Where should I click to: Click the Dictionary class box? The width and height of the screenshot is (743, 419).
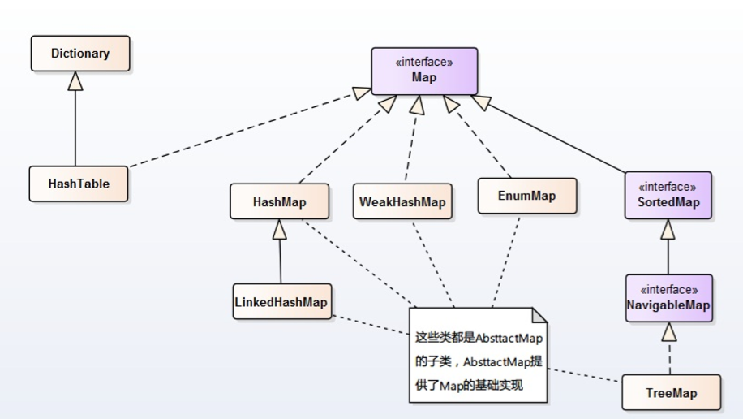click(x=80, y=54)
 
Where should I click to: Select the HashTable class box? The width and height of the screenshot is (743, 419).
click(x=79, y=184)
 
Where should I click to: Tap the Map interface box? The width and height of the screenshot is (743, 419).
click(x=424, y=71)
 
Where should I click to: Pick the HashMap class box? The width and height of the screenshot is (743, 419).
click(x=280, y=201)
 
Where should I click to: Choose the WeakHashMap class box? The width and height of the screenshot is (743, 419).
click(x=403, y=201)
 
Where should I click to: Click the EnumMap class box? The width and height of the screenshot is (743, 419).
click(x=527, y=196)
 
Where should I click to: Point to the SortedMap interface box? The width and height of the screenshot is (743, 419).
click(x=668, y=196)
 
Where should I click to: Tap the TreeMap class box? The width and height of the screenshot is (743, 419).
click(x=672, y=392)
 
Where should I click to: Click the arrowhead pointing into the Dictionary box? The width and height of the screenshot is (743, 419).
click(x=75, y=81)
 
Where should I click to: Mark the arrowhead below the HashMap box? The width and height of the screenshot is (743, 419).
click(x=280, y=229)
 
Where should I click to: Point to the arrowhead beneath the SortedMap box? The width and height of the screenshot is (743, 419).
click(x=668, y=229)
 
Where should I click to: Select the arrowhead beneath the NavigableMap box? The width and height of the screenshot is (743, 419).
click(x=669, y=331)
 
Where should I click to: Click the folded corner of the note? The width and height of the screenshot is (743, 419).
click(x=539, y=316)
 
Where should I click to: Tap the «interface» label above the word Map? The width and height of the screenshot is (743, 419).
click(x=424, y=63)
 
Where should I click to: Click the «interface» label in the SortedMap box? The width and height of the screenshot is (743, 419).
click(x=668, y=187)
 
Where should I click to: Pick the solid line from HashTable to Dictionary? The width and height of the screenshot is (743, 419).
click(x=75, y=128)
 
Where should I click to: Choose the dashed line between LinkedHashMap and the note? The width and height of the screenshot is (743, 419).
click(x=371, y=325)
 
